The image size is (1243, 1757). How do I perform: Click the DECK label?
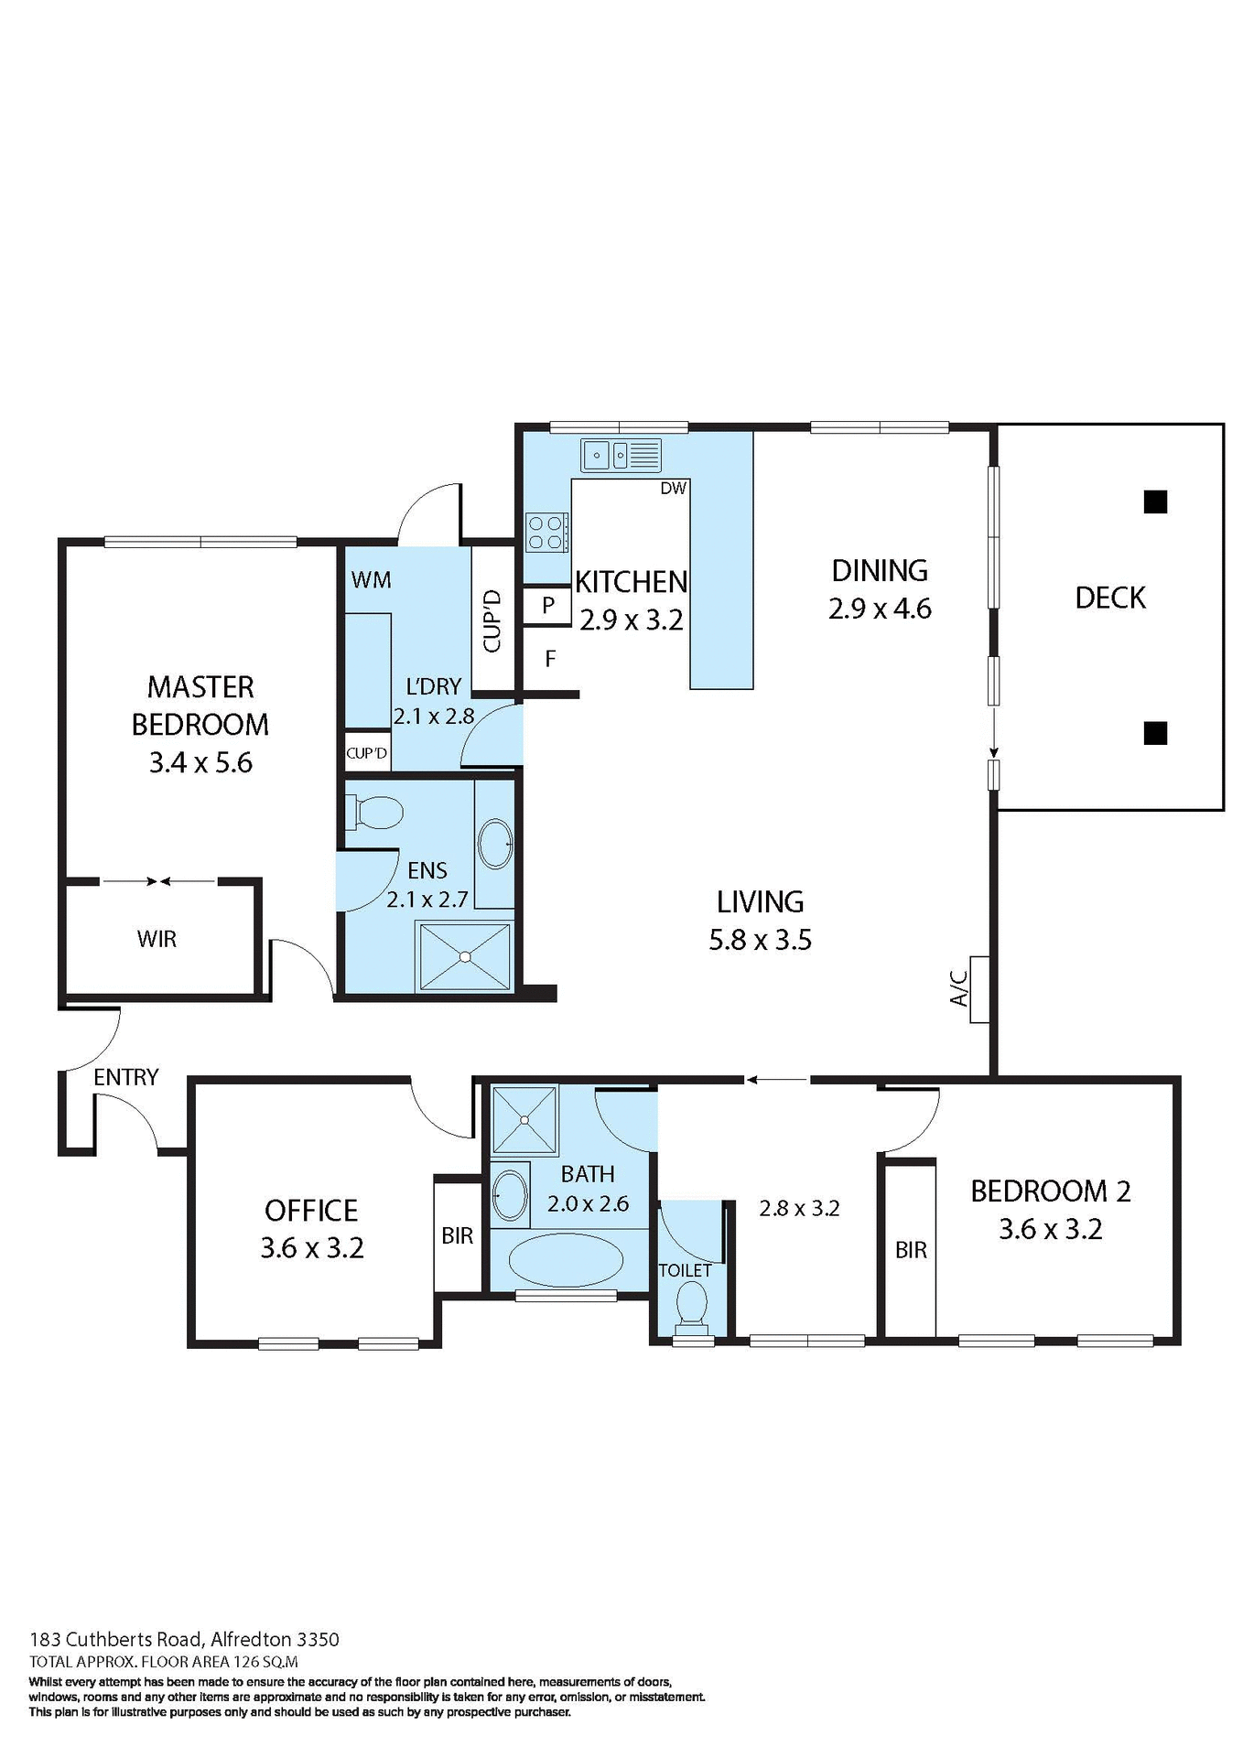click(x=1109, y=598)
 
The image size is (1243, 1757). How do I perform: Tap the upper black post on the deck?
click(x=1155, y=501)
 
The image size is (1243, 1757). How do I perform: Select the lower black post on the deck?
click(x=1155, y=733)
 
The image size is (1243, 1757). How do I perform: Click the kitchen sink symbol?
click(x=620, y=455)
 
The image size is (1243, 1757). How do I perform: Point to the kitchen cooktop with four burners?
click(x=546, y=533)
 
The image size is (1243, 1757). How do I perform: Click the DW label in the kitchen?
click(x=673, y=489)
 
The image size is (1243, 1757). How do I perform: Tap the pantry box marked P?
click(x=547, y=606)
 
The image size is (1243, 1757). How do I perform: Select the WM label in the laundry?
click(x=371, y=580)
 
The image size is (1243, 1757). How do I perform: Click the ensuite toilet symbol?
click(x=375, y=812)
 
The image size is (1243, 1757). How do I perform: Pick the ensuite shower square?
click(x=465, y=956)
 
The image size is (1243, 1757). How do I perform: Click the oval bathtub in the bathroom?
click(x=566, y=1262)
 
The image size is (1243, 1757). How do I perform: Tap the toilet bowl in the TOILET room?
click(x=691, y=1304)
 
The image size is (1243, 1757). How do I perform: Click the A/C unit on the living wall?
click(x=978, y=989)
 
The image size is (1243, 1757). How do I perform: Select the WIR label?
click(x=157, y=939)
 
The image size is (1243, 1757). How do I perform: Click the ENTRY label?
click(x=126, y=1077)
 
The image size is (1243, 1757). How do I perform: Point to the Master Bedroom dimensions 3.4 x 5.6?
click(x=200, y=762)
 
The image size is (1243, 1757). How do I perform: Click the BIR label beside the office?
click(x=457, y=1235)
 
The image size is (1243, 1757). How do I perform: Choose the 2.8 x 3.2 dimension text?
click(x=799, y=1209)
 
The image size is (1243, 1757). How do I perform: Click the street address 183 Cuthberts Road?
click(x=184, y=1640)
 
